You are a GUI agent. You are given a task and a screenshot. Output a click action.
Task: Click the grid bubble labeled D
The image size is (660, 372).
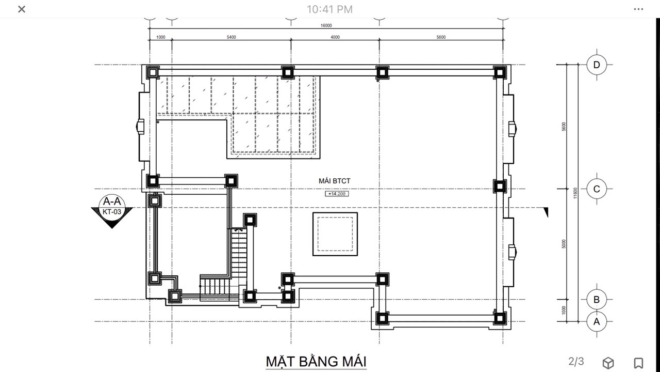[597, 65]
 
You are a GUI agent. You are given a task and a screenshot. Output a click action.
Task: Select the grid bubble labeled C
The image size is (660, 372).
[597, 189]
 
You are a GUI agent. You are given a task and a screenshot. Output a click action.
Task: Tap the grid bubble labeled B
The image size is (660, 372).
[597, 299]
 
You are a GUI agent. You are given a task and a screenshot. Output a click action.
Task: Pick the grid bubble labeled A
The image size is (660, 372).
[597, 321]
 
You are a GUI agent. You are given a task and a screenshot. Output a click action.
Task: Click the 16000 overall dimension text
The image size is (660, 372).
[326, 26]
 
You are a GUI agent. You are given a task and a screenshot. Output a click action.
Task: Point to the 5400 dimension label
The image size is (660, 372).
[232, 37]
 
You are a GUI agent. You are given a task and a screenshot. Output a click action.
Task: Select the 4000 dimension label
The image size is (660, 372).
[335, 37]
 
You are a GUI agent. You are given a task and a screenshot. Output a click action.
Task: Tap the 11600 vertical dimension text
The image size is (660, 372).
[575, 193]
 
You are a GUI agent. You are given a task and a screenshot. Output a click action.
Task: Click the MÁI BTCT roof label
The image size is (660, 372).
[335, 181]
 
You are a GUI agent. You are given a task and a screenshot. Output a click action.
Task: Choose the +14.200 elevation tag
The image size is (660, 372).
[337, 194]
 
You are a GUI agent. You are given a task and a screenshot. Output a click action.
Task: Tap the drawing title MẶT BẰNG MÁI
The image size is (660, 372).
[316, 362]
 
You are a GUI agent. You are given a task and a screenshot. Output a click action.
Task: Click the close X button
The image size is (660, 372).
[22, 9]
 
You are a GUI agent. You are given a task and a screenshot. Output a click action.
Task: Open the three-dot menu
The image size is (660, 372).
[638, 9]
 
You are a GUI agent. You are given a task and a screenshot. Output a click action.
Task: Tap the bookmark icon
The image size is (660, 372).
[638, 363]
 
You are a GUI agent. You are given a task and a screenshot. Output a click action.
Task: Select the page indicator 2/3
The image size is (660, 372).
[576, 361]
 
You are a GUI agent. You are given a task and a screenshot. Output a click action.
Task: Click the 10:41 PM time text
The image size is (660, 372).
[329, 9]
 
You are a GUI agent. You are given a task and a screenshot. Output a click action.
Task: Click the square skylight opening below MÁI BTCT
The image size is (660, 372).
[335, 234]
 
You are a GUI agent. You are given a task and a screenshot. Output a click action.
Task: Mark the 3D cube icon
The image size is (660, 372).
[608, 363]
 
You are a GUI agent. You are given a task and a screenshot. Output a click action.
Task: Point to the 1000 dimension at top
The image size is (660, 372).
[160, 37]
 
